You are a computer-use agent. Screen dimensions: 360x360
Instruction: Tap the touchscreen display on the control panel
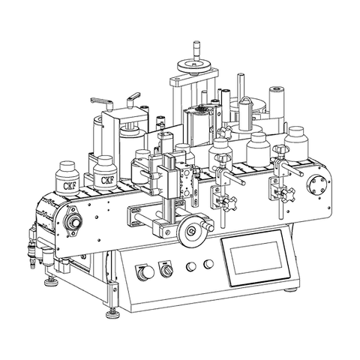click(x=256, y=258)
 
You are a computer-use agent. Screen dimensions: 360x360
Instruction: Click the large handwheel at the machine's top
click(x=194, y=66)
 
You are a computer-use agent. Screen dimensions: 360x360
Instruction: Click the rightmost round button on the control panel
click(x=208, y=264)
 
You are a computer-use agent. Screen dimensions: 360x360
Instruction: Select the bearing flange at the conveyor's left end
click(x=73, y=220)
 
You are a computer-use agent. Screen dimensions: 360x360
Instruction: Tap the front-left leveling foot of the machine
click(x=112, y=313)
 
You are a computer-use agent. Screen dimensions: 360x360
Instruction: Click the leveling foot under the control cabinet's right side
click(x=291, y=290)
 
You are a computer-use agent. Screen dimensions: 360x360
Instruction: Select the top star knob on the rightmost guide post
click(x=279, y=151)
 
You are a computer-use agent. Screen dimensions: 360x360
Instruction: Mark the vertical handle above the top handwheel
click(x=197, y=51)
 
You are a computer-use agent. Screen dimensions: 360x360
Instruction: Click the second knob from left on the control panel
click(x=166, y=270)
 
